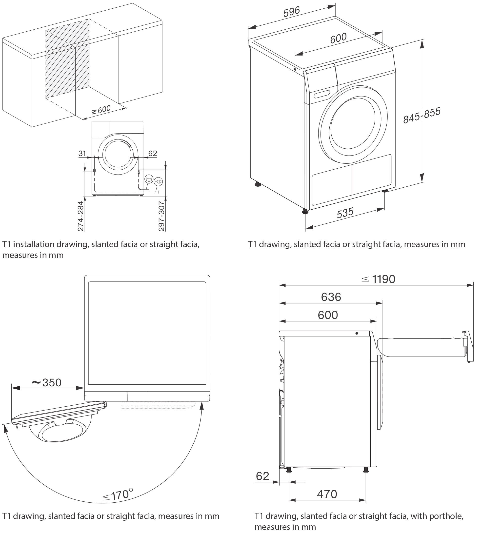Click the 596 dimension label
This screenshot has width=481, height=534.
click(292, 12)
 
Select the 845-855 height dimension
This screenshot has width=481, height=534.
click(421, 116)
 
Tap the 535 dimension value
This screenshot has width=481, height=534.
click(345, 213)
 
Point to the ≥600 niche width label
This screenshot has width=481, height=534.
click(101, 110)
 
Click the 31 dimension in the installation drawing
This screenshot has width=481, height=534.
click(82, 153)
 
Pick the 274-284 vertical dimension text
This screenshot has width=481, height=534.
click(80, 216)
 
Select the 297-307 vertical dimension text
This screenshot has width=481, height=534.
click(161, 216)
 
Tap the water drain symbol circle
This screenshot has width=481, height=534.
click(149, 179)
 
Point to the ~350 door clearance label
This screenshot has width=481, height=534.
click(46, 382)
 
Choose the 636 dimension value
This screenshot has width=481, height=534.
click(331, 297)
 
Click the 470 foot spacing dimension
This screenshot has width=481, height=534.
click(327, 494)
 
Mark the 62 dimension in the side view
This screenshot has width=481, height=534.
click(262, 476)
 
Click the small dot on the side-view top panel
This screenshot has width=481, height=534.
click(357, 334)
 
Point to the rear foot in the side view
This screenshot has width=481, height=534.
click(289, 470)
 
